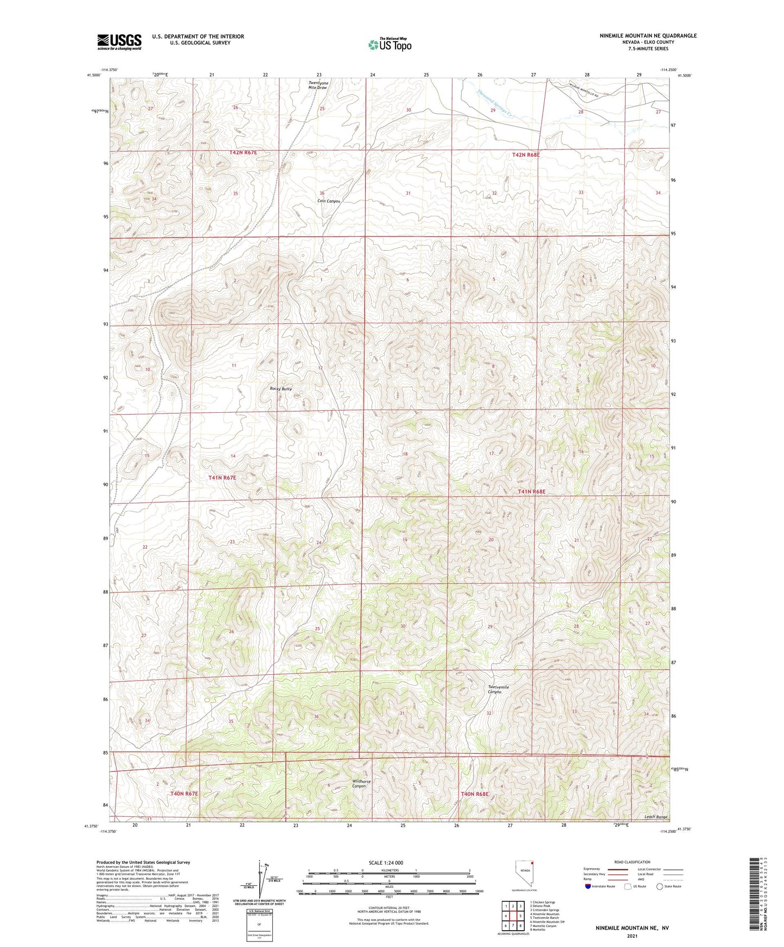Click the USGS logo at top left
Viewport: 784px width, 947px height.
point(119,42)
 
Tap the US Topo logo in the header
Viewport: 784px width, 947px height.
point(390,44)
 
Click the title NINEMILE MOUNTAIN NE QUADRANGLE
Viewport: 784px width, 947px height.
point(648,36)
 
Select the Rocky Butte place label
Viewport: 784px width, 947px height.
point(281,389)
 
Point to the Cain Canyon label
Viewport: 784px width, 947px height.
point(328,201)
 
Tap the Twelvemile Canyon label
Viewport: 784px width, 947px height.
point(498,689)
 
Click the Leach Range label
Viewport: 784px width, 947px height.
point(655,817)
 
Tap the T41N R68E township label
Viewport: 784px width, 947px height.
point(531,491)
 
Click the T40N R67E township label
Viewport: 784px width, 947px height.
point(184,794)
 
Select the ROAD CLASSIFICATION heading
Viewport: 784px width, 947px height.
point(632,862)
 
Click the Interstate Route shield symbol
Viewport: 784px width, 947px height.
point(588,887)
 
